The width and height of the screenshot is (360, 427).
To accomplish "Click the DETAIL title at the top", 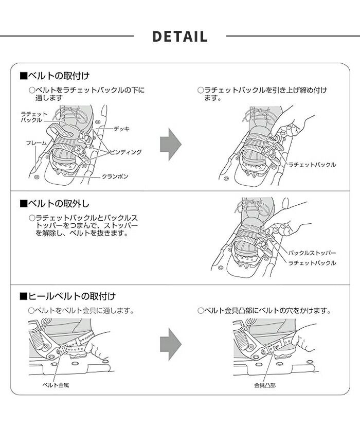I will pyautogui.click(x=180, y=37).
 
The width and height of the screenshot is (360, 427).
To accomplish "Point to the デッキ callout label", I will pyautogui.click(x=121, y=128).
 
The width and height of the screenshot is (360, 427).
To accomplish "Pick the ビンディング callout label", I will pyautogui.click(x=124, y=152).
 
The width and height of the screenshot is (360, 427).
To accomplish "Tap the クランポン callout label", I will pyautogui.click(x=115, y=176).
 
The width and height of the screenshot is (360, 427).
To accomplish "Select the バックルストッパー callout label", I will pyautogui.click(x=312, y=253).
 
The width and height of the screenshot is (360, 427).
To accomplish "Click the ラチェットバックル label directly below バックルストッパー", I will pyautogui.click(x=312, y=263).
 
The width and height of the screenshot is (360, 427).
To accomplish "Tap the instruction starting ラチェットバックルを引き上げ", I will pyautogui.click(x=265, y=94).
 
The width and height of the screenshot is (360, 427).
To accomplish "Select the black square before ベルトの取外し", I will pyautogui.click(x=23, y=204).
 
